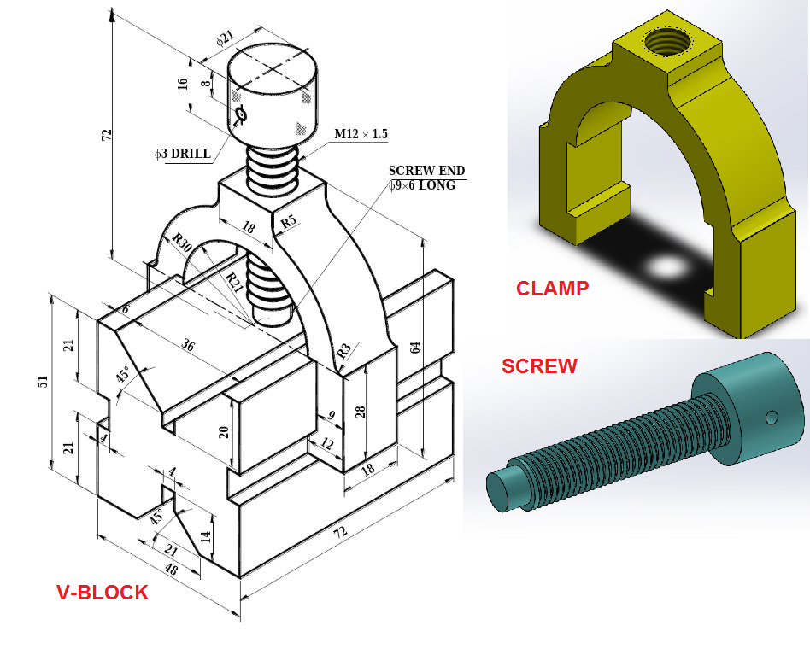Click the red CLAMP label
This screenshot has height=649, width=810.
(x=552, y=289)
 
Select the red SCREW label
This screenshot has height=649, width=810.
(x=539, y=366)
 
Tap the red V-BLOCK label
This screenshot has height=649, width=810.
(x=102, y=592)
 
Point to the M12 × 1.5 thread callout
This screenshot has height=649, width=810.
(x=361, y=134)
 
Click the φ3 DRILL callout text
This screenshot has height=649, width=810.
(x=182, y=154)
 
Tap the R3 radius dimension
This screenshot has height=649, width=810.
(x=343, y=350)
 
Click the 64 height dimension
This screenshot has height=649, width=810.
(x=416, y=347)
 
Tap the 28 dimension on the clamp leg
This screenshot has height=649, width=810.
(x=361, y=412)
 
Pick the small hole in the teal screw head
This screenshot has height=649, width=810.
(x=772, y=417)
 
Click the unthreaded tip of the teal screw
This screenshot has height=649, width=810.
(x=502, y=488)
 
